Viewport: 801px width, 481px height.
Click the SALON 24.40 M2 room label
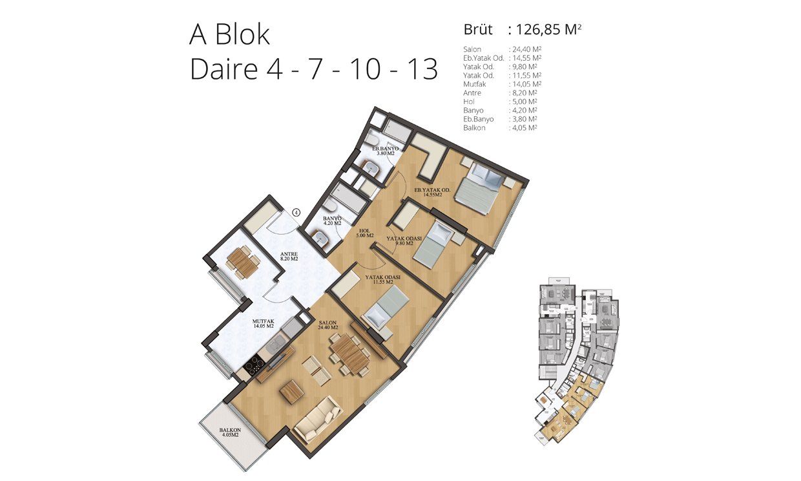pos(328,325)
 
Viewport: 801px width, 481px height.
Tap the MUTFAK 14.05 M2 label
pos(264,324)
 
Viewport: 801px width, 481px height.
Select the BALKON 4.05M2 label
pos(230,433)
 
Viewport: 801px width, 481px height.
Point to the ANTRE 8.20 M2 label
pos(289,256)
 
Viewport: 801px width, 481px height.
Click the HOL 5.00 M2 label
pos(365,233)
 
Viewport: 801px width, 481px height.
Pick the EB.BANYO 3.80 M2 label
pos(385,151)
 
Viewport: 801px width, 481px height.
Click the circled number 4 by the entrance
pos(296,213)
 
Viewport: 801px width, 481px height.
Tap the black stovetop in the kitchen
pos(255,365)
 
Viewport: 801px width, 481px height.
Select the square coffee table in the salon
pos(292,392)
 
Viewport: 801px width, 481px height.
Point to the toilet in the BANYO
pos(329,206)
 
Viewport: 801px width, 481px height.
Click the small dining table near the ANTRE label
pos(242,262)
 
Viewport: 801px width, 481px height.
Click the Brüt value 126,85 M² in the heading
pos(548,30)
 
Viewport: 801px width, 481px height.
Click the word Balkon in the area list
pos(474,128)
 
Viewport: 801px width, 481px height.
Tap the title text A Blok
pos(229,34)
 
